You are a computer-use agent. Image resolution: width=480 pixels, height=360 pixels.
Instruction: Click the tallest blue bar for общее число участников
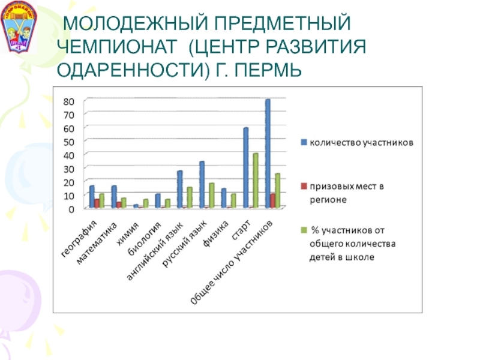coord(268,154)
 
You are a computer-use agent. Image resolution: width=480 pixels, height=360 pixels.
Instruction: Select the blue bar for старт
coord(245,168)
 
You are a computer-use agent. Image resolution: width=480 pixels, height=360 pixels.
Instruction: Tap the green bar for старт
coord(256,181)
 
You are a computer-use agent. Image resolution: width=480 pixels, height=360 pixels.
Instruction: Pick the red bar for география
coord(97,203)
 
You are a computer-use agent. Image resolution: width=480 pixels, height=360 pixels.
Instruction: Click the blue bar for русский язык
coord(202,185)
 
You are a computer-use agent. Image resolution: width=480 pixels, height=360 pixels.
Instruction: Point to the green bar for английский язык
coord(190,197)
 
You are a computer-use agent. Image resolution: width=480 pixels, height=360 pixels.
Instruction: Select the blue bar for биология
coord(158,201)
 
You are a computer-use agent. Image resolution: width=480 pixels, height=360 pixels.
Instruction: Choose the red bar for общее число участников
coord(273,201)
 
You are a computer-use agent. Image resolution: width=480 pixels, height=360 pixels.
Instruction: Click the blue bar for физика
coord(224,198)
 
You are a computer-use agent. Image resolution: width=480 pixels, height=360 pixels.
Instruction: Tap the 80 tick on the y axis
coord(70,101)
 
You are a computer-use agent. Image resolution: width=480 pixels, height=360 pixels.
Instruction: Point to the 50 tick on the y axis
coord(70,141)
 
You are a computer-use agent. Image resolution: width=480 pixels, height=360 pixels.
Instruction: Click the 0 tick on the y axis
coord(72,209)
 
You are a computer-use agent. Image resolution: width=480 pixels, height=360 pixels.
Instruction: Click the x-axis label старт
coord(239,229)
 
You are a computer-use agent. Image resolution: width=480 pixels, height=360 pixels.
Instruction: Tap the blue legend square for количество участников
coord(304,142)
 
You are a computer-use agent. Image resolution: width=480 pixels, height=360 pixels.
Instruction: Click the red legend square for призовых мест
coord(304,186)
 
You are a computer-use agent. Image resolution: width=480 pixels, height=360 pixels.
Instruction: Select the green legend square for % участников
coord(304,230)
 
